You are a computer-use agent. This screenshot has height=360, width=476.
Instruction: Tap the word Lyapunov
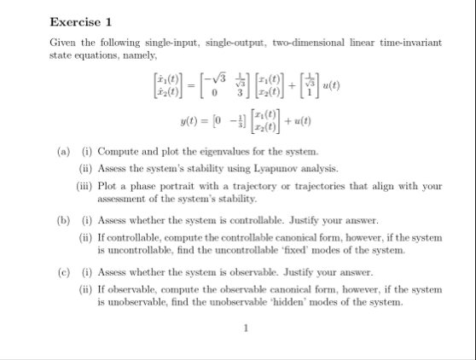pyautogui.click(x=244, y=168)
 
